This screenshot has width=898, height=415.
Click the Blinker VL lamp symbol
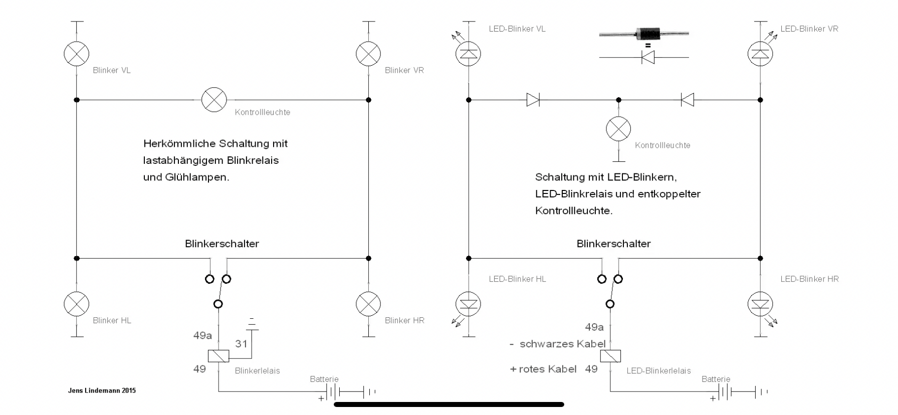point(77,54)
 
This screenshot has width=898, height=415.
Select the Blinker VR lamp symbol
point(368,54)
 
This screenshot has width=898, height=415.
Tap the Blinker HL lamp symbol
point(77,304)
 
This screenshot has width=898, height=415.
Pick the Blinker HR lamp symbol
point(368,304)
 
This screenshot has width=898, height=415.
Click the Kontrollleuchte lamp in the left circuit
point(214,100)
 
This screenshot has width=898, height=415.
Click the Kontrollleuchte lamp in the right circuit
point(618,129)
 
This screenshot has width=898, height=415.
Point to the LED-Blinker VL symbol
point(468,54)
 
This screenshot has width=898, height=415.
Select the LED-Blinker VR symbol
point(760,54)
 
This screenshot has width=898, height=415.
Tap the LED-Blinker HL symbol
point(468,304)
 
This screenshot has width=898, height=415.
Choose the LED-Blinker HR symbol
point(760,304)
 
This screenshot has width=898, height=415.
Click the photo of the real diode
point(644,34)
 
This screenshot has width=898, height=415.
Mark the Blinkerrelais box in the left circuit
point(218,356)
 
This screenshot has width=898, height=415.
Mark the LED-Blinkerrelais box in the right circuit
point(610,356)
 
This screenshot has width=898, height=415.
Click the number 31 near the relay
point(242,344)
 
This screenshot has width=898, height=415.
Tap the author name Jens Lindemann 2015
point(102,390)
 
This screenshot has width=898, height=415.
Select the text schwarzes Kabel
point(562,344)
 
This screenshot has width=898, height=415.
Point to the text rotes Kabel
point(548,369)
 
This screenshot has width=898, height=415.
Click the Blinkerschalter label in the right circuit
point(613,244)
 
